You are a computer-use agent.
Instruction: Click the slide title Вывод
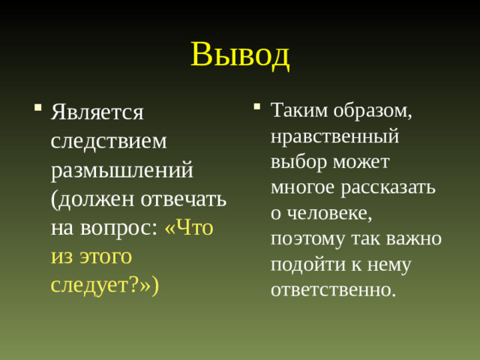tap(240, 54)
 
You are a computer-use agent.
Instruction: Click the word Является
tap(97, 112)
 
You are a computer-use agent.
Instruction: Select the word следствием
tap(109, 141)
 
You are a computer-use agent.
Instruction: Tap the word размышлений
tap(122, 169)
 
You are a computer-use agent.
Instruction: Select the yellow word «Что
tap(188, 227)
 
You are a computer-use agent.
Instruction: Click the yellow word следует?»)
tap(104, 284)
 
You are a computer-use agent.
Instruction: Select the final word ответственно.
tap(333, 289)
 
